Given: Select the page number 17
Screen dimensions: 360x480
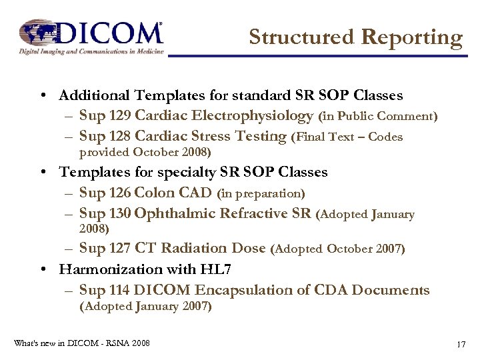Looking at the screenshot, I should [x=460, y=344].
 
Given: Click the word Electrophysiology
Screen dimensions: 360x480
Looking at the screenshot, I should [x=257, y=116].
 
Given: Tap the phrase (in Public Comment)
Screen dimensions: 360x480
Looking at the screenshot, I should [x=378, y=117].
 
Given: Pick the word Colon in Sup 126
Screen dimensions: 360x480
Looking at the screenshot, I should [x=153, y=193].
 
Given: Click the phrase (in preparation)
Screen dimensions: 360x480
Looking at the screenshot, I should [x=261, y=194].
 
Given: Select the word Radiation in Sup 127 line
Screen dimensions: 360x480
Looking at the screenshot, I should [x=193, y=248].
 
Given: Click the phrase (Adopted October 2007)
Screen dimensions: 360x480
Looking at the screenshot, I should [x=337, y=249].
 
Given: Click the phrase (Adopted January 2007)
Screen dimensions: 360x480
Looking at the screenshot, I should [x=145, y=307].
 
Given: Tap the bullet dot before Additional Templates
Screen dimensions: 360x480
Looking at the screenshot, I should [x=43, y=96].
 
